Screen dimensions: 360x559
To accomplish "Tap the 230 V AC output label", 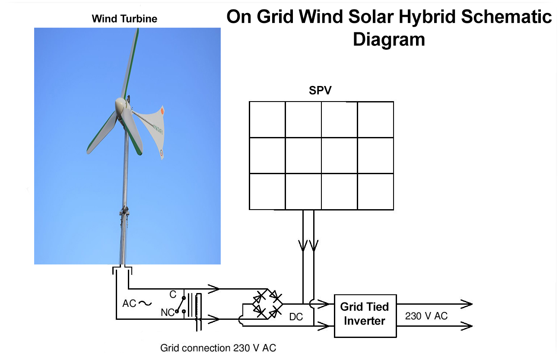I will tap(426, 316).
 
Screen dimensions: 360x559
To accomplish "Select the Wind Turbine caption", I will tap(124, 19).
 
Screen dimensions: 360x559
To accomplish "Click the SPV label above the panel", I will tap(321, 91).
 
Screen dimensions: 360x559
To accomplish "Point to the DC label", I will tap(296, 317).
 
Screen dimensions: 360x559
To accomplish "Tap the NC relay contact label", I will tap(167, 312).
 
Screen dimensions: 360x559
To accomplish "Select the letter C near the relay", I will tap(173, 295).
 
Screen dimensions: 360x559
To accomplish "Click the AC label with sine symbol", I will tap(137, 303).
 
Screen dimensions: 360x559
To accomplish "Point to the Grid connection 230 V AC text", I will tap(218, 348).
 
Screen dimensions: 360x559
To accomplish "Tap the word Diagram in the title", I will tap(389, 39).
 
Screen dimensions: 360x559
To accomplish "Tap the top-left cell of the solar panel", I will tap(267, 119).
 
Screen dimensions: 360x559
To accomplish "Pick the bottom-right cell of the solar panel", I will tap(375, 191).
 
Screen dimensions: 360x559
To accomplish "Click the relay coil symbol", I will tap(198, 311).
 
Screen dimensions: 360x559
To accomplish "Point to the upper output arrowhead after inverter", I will tap(467, 304).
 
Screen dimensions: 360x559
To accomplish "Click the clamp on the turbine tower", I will tap(124, 212).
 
